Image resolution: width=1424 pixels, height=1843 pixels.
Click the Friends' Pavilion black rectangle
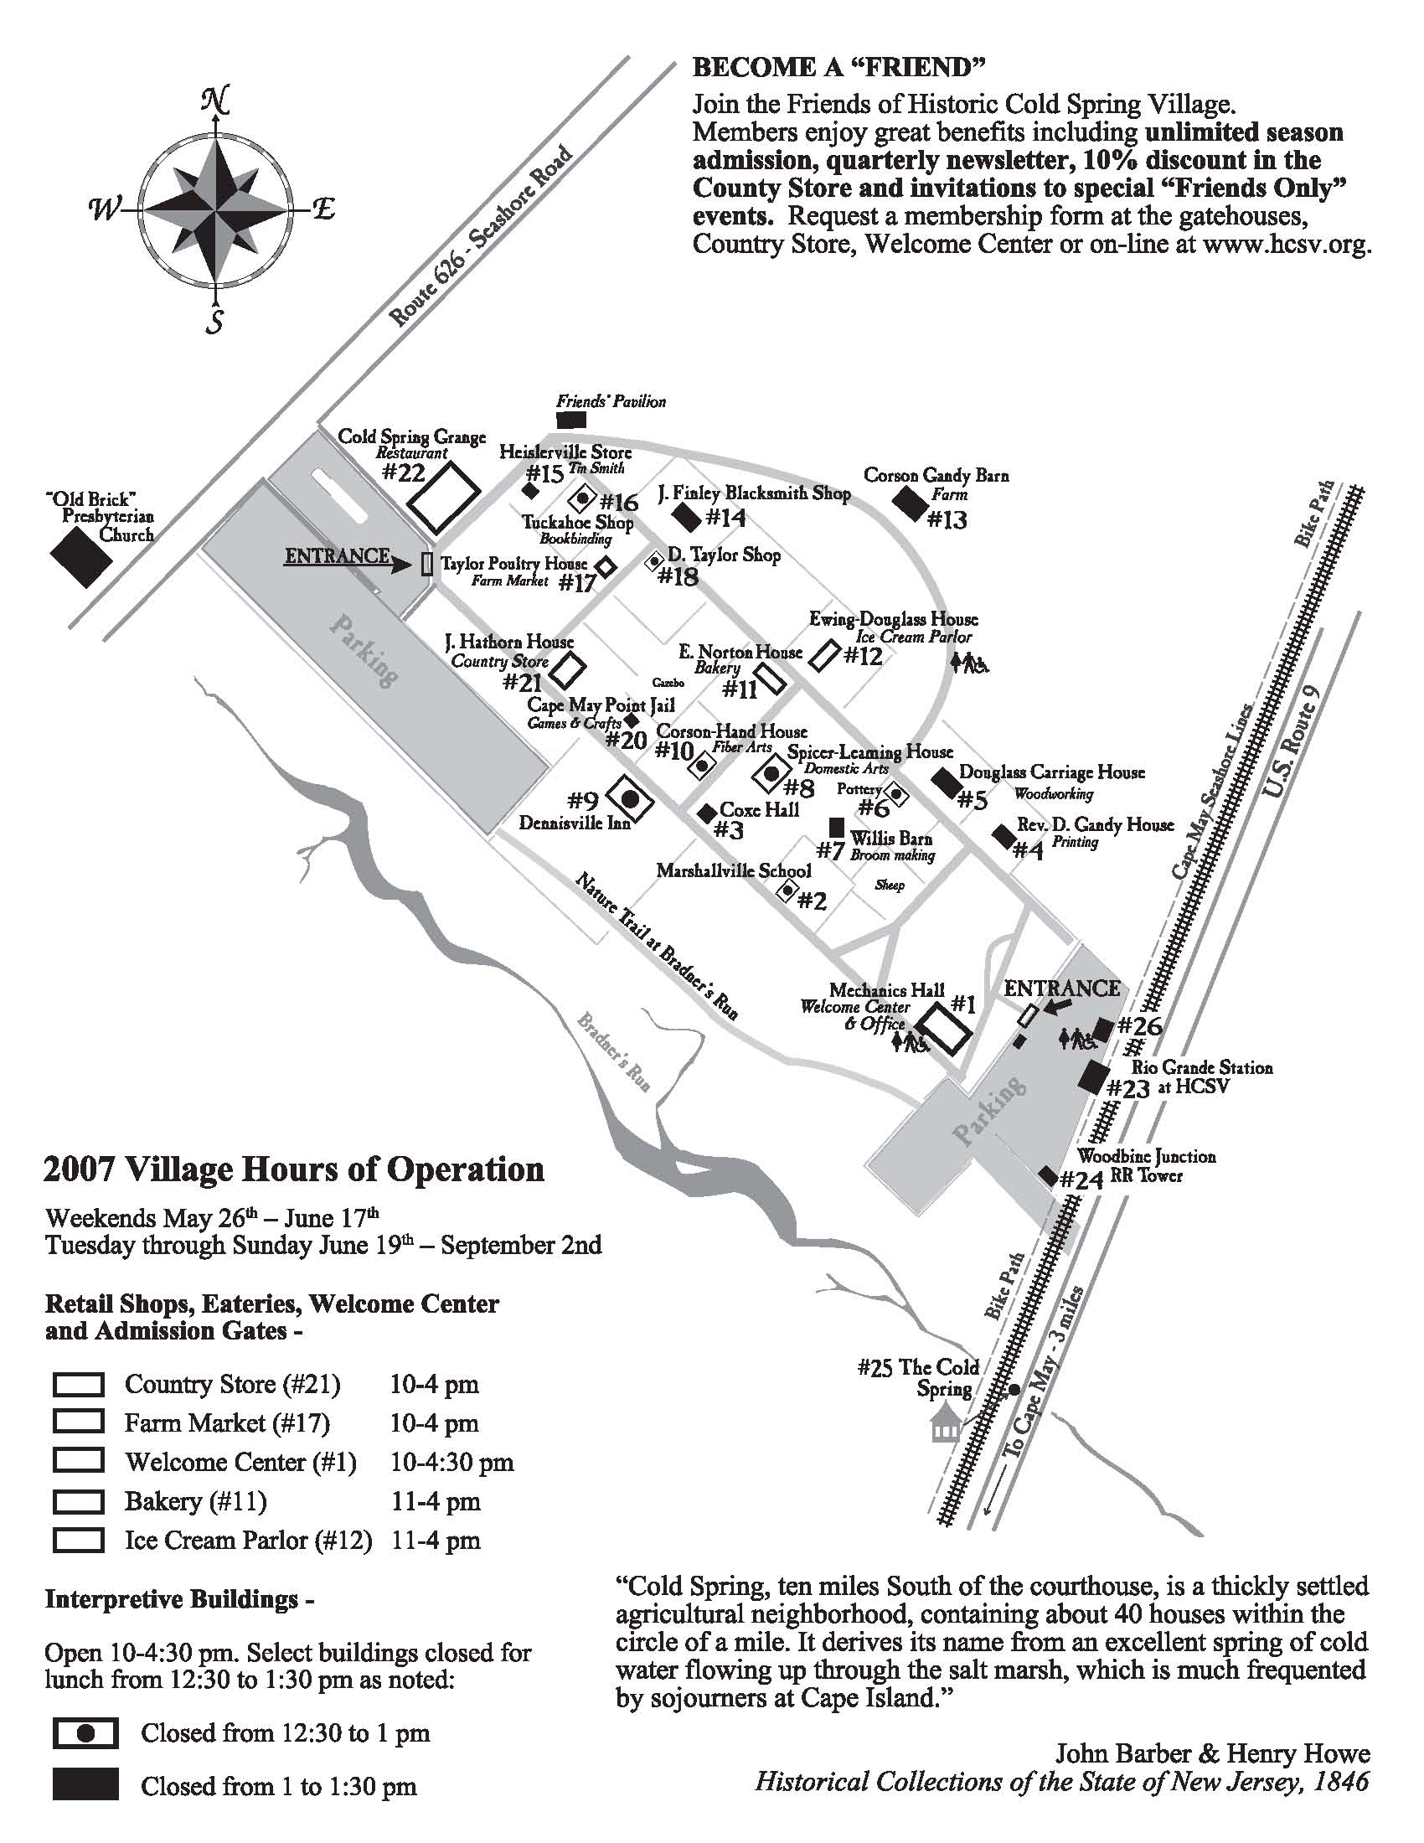click(x=571, y=420)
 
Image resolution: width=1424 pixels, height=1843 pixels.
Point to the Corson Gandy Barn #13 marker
click(x=910, y=505)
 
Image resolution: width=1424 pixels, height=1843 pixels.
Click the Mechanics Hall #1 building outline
click(x=943, y=1030)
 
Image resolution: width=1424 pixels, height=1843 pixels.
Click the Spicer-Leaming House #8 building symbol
click(x=771, y=772)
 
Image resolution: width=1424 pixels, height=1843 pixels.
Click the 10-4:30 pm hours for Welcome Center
click(x=452, y=1463)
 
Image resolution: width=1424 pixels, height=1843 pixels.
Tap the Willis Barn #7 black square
click(x=837, y=826)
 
